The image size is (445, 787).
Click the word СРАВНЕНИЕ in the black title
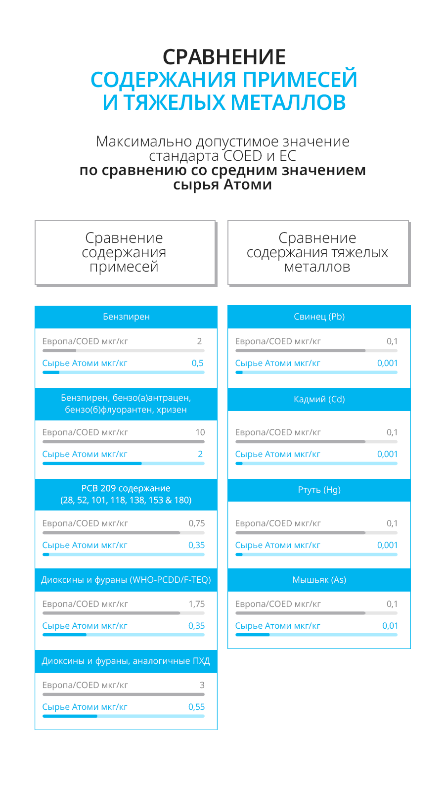(224, 57)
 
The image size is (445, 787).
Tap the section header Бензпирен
(126, 317)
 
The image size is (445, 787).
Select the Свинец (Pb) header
(319, 317)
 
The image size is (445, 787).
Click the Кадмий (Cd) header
(319, 399)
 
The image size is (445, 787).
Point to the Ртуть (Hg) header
(319, 490)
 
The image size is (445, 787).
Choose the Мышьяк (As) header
(319, 580)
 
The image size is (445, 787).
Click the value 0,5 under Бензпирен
(197, 363)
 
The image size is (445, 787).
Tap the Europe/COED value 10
(200, 432)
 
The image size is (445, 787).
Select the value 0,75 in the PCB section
(196, 523)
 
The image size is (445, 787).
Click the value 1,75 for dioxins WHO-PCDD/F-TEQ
(196, 604)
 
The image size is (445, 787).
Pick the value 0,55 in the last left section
(196, 707)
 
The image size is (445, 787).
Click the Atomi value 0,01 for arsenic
(390, 626)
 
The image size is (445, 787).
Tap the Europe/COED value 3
(202, 685)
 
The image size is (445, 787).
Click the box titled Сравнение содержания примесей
(125, 252)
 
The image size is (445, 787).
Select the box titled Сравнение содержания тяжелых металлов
(318, 252)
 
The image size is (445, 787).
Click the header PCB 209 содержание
(126, 494)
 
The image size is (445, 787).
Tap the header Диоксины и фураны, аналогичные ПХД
(126, 661)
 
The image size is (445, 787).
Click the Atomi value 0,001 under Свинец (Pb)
(387, 363)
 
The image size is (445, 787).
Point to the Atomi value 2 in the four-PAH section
(200, 454)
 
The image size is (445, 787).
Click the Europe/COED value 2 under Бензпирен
(199, 341)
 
